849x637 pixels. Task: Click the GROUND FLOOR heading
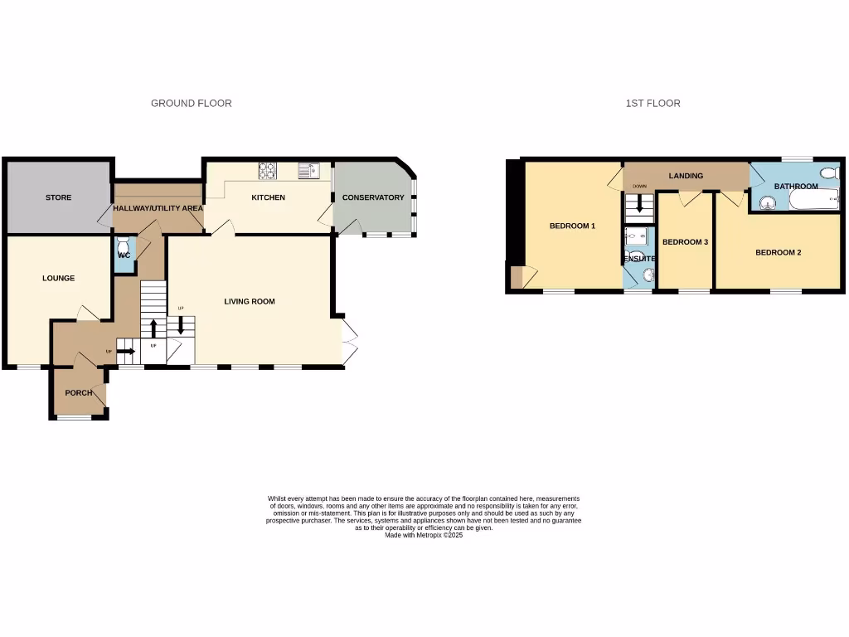[x=191, y=104]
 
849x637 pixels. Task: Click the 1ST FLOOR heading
[x=653, y=104]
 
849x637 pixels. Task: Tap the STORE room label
[x=58, y=197]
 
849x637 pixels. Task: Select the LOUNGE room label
[x=58, y=278]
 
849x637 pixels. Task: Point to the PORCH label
[x=79, y=392]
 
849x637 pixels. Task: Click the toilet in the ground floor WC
[x=124, y=246]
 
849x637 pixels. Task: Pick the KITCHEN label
[x=269, y=197]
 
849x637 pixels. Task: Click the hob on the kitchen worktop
[x=268, y=170]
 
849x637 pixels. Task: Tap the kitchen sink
[x=308, y=171]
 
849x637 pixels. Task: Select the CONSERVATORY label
[x=373, y=197]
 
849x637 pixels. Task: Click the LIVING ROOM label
[x=250, y=301]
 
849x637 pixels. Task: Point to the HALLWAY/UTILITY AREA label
[x=158, y=207]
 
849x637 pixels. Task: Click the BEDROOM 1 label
[x=572, y=226]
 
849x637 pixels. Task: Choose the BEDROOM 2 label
[x=778, y=252]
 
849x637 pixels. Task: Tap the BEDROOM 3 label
[x=685, y=242]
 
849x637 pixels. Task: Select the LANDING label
[x=686, y=176]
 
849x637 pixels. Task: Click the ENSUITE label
[x=639, y=259]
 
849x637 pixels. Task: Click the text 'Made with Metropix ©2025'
[x=424, y=536]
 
